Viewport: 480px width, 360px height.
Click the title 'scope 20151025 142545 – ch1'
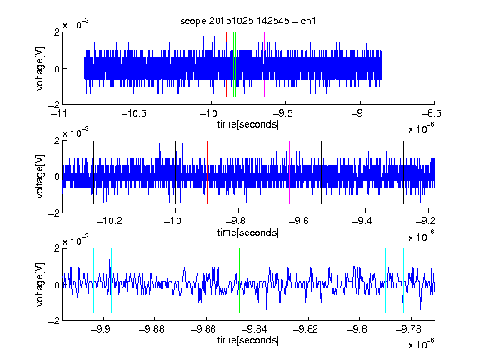coord(247,21)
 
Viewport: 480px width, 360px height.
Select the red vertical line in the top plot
coord(226,65)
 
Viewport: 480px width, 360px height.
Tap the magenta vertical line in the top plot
coord(264,65)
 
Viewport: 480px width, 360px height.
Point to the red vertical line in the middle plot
coord(207,172)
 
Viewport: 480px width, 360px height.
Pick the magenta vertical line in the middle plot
coord(290,172)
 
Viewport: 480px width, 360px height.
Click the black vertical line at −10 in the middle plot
coord(175,172)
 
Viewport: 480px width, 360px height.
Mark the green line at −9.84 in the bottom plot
coord(257,280)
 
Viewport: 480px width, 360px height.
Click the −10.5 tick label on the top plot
coord(134,113)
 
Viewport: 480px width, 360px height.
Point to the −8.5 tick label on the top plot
coord(432,113)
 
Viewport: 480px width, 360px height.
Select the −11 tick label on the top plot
coord(59,113)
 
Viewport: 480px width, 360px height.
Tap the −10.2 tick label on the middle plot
coord(109,221)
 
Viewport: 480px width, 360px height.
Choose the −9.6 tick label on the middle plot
coord(299,221)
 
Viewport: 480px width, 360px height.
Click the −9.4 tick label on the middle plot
coord(362,221)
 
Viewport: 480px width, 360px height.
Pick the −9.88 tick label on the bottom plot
coord(152,329)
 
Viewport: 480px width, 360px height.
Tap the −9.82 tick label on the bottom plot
coord(306,329)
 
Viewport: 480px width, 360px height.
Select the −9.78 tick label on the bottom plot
coord(408,329)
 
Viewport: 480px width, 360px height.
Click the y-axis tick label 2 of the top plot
coord(57,32)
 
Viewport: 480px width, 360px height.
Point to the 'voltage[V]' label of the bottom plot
coord(40,285)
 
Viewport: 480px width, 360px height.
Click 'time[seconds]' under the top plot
coord(248,124)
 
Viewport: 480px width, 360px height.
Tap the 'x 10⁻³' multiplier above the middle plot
coord(76,132)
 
